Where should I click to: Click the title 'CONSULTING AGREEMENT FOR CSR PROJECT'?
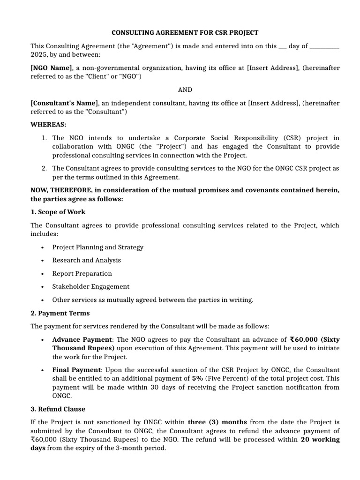pyautogui.click(x=185, y=33)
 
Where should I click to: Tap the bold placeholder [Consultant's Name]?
pyautogui.click(x=64, y=103)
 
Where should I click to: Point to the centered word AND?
pyautogui.click(x=185, y=90)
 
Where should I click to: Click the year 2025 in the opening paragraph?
pyautogui.click(x=39, y=54)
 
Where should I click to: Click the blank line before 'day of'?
pyautogui.click(x=282, y=46)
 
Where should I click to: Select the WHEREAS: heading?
pyautogui.click(x=49, y=125)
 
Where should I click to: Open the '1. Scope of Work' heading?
pyautogui.click(x=58, y=212)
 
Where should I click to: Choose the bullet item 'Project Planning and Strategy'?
pyautogui.click(x=97, y=247)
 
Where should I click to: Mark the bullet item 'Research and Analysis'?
pyautogui.click(x=86, y=260)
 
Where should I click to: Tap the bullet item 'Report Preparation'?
pyautogui.click(x=82, y=273)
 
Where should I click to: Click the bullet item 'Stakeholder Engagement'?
pyautogui.click(x=90, y=286)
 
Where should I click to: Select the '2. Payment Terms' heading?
pyautogui.click(x=60, y=313)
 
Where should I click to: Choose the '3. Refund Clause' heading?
pyautogui.click(x=58, y=409)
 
